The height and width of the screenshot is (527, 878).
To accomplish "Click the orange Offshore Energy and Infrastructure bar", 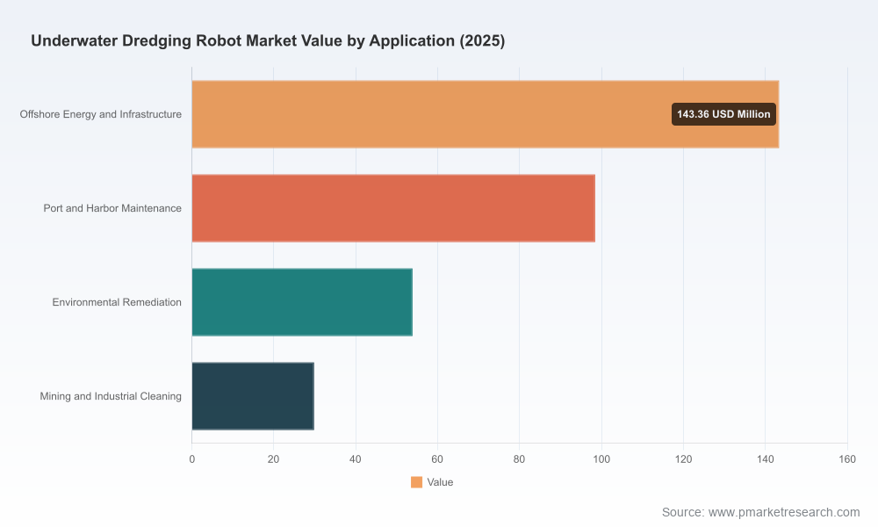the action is coord(485,114).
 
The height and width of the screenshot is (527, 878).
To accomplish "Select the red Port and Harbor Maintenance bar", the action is coord(393,208).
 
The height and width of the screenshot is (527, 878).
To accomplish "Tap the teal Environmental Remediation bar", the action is coord(302,302).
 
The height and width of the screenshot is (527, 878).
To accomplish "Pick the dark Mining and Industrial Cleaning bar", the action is coord(253,396).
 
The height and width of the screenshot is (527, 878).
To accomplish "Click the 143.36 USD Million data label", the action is coord(723,114).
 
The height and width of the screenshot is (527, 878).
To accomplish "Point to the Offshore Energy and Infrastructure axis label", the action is coord(101,114).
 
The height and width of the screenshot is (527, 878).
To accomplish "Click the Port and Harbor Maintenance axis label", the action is coord(112,208).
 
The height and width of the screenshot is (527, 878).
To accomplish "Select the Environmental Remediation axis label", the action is coord(117,302).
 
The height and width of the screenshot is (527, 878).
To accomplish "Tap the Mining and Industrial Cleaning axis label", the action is coord(111,396).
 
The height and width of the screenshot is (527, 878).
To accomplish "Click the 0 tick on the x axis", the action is coord(192,459).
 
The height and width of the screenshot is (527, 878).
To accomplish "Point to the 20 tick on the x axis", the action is coord(273,459).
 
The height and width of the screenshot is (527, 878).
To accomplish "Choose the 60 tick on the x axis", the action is coord(437,459).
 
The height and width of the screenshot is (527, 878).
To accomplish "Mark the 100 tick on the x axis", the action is coord(601,459).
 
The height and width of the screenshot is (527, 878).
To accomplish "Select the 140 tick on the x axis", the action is coord(766,459).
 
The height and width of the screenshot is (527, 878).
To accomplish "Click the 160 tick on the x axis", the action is coord(847,459).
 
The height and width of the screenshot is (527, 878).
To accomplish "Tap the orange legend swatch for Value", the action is coord(416,482).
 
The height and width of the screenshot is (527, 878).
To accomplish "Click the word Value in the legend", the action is coord(440,482).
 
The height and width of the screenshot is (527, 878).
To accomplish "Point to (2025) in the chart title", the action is coord(482,41).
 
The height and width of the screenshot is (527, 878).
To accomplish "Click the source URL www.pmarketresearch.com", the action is coord(784,512).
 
